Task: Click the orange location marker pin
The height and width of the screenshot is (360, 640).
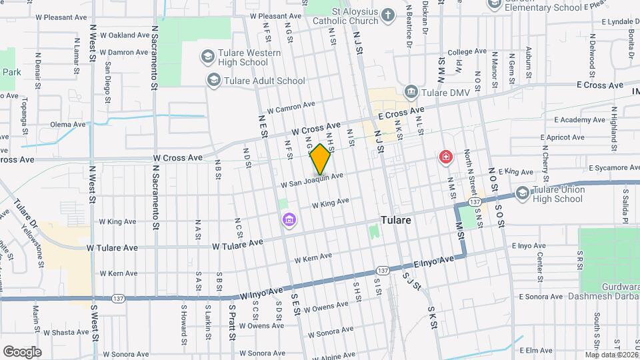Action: pyautogui.click(x=321, y=159)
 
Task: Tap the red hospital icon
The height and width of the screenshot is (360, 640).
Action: pyautogui.click(x=445, y=157)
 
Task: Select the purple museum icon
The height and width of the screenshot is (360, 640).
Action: pyautogui.click(x=289, y=220)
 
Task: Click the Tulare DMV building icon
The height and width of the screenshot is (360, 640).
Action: pyautogui.click(x=411, y=91)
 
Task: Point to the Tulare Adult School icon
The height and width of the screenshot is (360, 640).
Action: pyautogui.click(x=214, y=81)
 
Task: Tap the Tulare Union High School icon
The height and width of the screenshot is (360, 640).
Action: pyautogui.click(x=523, y=193)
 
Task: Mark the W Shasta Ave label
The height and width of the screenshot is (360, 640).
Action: pyautogui.click(x=66, y=331)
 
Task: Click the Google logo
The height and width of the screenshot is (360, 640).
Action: pyautogui.click(x=22, y=351)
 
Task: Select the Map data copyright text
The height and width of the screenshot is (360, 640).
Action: pyautogui.click(x=611, y=355)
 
